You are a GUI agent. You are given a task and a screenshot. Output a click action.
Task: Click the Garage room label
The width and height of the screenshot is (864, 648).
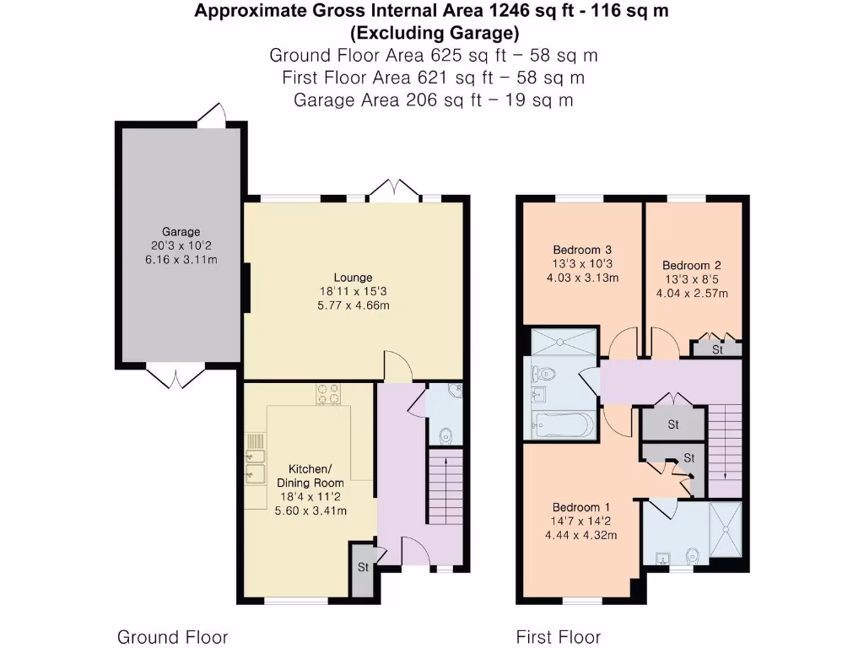pyautogui.click(x=181, y=231)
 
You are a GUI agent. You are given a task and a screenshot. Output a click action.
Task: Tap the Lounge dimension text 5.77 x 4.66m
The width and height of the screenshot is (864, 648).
pyautogui.click(x=353, y=305)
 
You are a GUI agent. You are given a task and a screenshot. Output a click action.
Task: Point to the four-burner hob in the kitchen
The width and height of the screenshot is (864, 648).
pyautogui.click(x=328, y=394)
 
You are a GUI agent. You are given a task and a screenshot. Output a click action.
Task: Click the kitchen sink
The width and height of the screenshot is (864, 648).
pyautogui.click(x=253, y=467)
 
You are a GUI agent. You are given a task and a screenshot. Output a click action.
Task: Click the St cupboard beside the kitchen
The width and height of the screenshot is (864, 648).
pyautogui.click(x=363, y=568)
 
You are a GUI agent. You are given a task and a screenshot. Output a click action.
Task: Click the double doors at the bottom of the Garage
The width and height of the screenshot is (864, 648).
pyautogui.click(x=175, y=375)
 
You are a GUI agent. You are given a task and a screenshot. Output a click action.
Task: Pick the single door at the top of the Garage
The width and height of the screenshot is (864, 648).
pyautogui.click(x=212, y=116)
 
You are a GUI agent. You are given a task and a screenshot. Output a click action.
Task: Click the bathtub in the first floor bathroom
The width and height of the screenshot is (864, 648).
pyautogui.click(x=564, y=424)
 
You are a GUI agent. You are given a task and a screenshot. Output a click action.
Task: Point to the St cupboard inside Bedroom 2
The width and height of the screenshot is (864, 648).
pyautogui.click(x=717, y=349)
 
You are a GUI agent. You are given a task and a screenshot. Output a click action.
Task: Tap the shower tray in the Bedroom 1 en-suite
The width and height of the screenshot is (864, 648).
pyautogui.click(x=726, y=532)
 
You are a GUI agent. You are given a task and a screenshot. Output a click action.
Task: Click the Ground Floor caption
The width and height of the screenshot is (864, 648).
pyautogui.click(x=172, y=636)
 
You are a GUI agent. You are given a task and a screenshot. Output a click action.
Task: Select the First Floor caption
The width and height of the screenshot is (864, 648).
pyautogui.click(x=559, y=636)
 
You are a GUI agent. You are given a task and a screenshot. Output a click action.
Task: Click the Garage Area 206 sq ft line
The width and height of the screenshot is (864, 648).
pyautogui.click(x=433, y=100)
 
